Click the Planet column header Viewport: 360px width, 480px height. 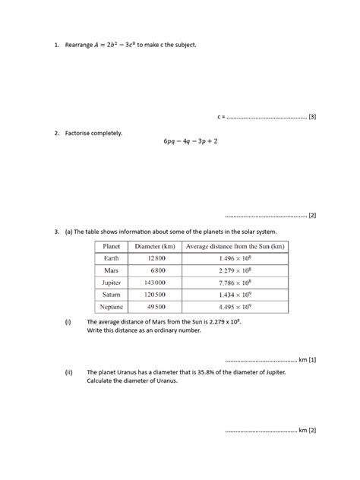click(x=112, y=246)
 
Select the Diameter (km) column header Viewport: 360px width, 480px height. click(x=155, y=246)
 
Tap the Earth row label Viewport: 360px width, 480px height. click(x=112, y=258)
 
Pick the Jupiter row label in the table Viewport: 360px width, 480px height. click(x=112, y=283)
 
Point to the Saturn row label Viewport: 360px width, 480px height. click(x=112, y=295)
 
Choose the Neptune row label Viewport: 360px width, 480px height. click(x=112, y=307)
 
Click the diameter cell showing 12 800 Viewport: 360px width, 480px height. click(x=156, y=258)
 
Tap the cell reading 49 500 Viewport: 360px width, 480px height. click(x=156, y=307)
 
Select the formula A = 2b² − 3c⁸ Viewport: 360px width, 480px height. click(x=113, y=45)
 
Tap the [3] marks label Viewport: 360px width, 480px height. click(x=312, y=118)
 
